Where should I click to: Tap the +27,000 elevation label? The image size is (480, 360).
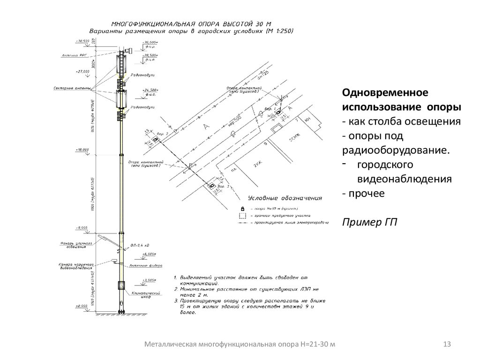[x=82, y=71]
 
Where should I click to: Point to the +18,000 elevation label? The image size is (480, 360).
[x=82, y=150]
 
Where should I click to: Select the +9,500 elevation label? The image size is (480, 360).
[x=82, y=228]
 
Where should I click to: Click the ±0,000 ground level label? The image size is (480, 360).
[x=82, y=306]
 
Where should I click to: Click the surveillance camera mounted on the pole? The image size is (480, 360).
[x=113, y=260]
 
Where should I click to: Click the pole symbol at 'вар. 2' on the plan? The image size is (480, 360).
[x=154, y=140]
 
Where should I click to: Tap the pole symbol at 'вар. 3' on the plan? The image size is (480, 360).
[x=212, y=186]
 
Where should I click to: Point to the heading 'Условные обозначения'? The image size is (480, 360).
[x=285, y=198]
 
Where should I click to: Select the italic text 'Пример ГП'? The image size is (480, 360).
[x=369, y=222]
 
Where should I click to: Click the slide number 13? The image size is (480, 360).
[x=446, y=345]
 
